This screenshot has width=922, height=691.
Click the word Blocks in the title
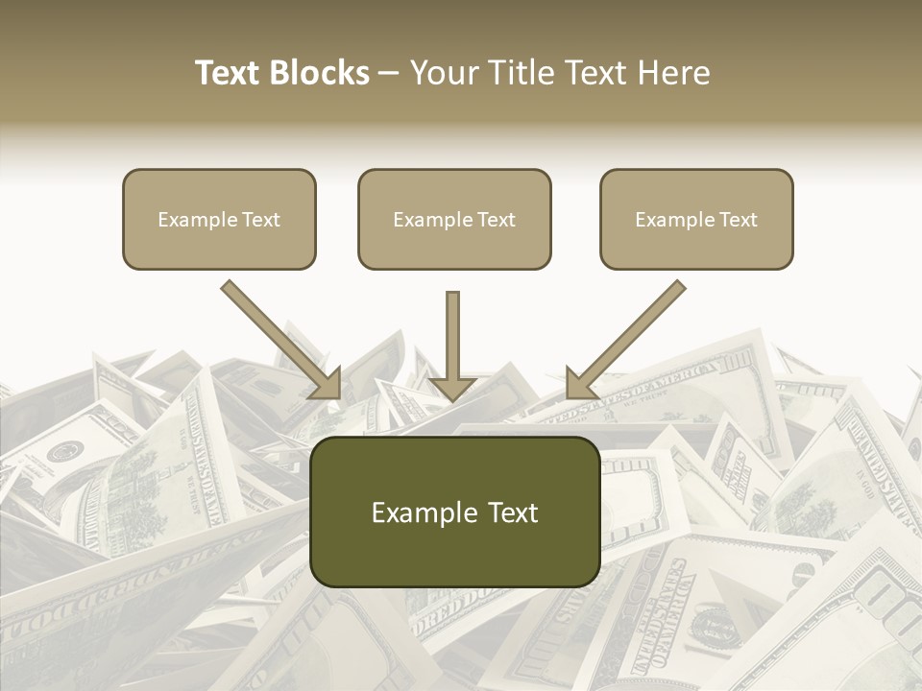(319, 73)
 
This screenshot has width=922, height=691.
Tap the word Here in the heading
(674, 73)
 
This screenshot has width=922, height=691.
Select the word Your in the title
(440, 73)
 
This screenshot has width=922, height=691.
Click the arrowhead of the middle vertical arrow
(452, 387)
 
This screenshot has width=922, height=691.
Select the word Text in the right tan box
(738, 220)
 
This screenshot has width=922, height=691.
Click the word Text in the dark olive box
(515, 512)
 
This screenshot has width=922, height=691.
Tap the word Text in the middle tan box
(496, 220)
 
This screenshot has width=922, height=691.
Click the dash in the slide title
(389, 73)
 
